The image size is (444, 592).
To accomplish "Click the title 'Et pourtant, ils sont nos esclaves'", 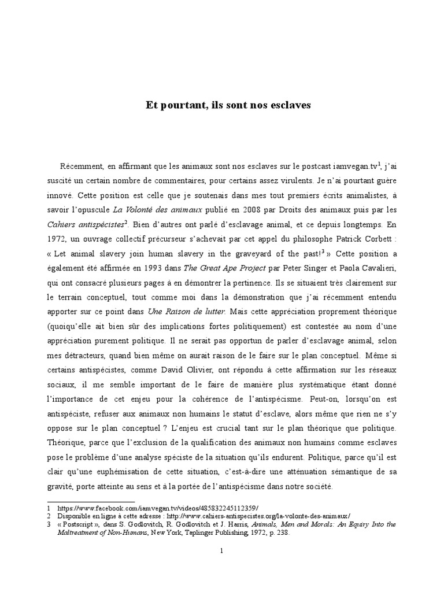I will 228,105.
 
